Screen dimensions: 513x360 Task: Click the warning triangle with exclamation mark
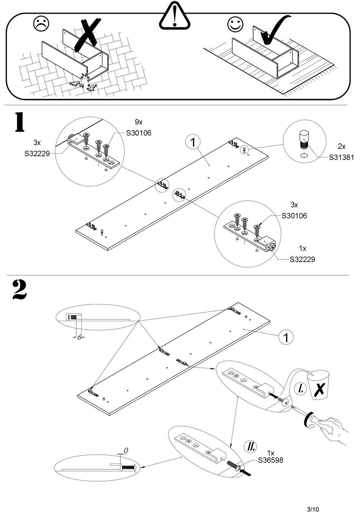174,17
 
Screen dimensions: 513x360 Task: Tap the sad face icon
41,24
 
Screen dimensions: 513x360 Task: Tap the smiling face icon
235,24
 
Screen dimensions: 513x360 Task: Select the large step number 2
20,290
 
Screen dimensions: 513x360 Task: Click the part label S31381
341,157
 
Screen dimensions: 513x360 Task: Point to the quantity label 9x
139,122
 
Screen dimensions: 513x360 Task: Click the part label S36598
270,460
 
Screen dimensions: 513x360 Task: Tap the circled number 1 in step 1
193,142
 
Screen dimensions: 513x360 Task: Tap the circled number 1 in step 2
286,337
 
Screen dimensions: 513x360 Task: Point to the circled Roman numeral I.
300,388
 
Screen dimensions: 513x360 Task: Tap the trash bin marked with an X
318,385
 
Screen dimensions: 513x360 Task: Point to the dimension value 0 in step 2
126,450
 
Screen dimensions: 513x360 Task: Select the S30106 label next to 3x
294,216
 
